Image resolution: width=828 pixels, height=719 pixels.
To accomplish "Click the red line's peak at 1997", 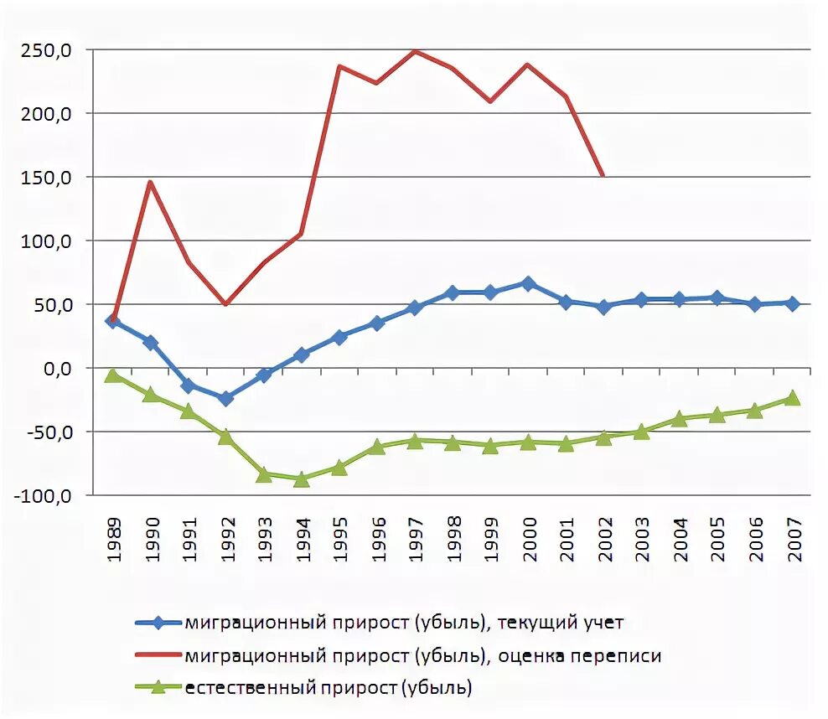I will pos(415,51).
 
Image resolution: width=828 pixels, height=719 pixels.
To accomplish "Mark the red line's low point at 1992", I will pos(225,303).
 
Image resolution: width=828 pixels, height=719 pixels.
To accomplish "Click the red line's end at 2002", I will pos(603,175).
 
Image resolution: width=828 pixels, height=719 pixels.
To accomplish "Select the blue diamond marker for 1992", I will pos(225,399).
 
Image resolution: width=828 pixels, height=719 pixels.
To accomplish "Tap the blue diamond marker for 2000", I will pos(528,283).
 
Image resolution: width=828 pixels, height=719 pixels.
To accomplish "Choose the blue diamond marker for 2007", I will pos(792,303).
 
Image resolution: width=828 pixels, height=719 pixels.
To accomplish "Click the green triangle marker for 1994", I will pos(302,479).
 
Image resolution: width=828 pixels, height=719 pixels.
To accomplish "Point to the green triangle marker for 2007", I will pos(792,398).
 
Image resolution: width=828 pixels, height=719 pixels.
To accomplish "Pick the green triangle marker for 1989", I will pos(113,375).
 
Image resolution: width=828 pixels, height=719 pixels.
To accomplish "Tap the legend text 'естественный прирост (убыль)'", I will pos(329,689).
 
